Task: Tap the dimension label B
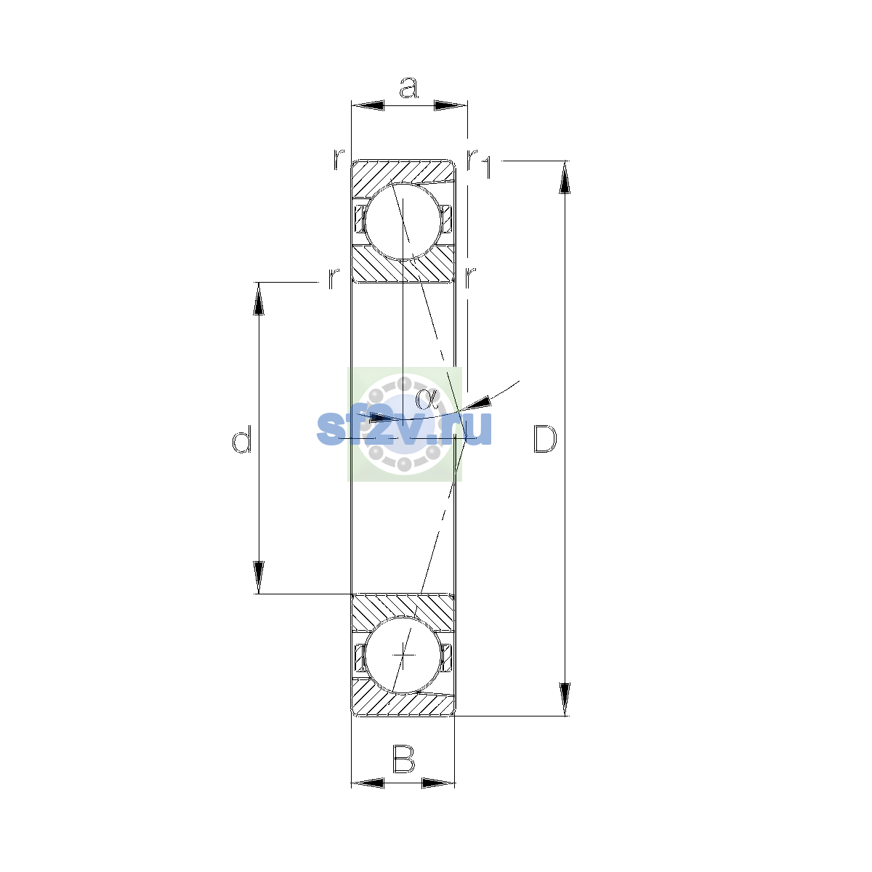click(403, 759)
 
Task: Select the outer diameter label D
click(545, 438)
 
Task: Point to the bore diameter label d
click(242, 439)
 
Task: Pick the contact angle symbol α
click(427, 399)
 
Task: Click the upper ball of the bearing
click(403, 222)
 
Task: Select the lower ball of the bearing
click(403, 655)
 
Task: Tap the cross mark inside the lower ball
click(403, 655)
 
